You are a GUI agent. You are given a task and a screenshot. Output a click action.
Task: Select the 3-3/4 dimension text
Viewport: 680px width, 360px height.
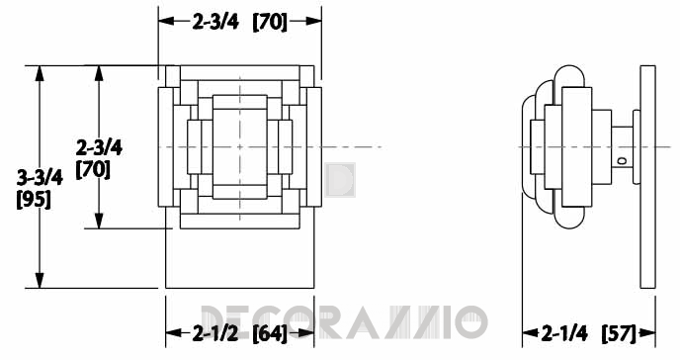coord(40,178)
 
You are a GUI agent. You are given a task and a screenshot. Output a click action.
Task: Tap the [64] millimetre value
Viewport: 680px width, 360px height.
coord(270,333)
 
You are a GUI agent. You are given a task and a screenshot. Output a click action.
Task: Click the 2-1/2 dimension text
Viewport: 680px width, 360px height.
coord(215,333)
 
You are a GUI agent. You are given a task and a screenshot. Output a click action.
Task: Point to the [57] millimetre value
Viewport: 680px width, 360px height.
coord(619,333)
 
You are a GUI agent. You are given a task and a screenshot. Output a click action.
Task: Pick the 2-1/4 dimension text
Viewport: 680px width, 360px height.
coord(564,333)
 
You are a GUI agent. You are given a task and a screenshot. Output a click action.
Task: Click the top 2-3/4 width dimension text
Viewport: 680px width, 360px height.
coord(215,21)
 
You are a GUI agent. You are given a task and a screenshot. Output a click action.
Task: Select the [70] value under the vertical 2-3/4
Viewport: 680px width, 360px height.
coord(93,169)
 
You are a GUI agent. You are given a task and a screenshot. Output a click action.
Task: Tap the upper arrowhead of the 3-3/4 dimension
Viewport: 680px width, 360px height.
coord(40,73)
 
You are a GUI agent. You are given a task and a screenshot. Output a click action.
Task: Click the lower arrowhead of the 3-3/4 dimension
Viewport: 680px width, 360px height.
coord(40,280)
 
